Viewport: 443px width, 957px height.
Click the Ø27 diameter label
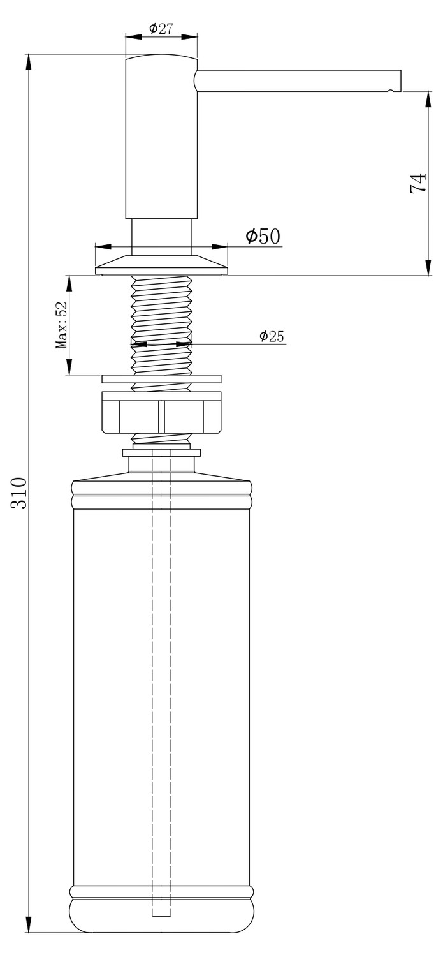click(161, 29)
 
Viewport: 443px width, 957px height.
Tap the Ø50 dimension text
click(263, 236)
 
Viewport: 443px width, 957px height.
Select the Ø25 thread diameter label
click(272, 337)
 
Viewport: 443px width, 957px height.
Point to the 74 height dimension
click(418, 183)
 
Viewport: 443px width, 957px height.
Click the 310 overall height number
click(19, 493)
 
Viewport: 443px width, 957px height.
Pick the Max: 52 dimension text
click(61, 325)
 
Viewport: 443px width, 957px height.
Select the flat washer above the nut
click(161, 379)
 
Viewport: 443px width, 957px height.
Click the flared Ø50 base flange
click(161, 265)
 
